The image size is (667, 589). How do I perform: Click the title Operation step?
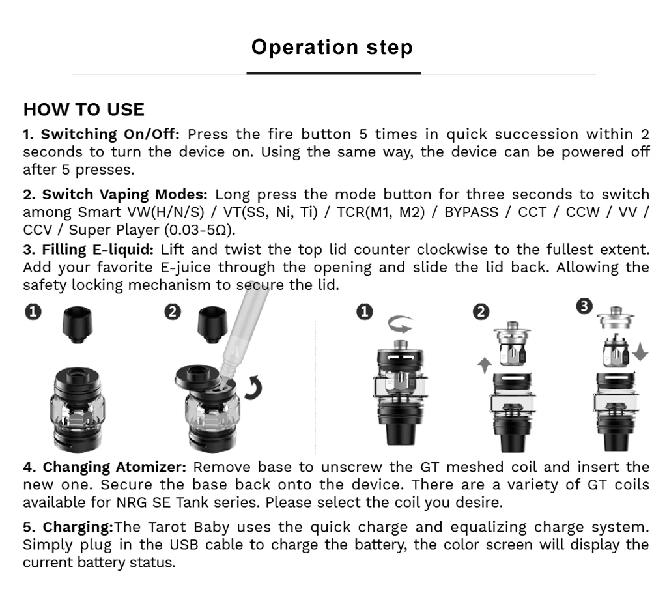(x=332, y=48)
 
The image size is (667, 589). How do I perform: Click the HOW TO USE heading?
(x=84, y=109)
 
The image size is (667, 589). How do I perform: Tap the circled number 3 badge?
(x=585, y=306)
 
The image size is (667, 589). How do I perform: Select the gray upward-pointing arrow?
(x=483, y=364)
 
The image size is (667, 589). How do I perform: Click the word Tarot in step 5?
(x=164, y=527)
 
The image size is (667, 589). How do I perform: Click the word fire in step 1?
(x=281, y=135)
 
